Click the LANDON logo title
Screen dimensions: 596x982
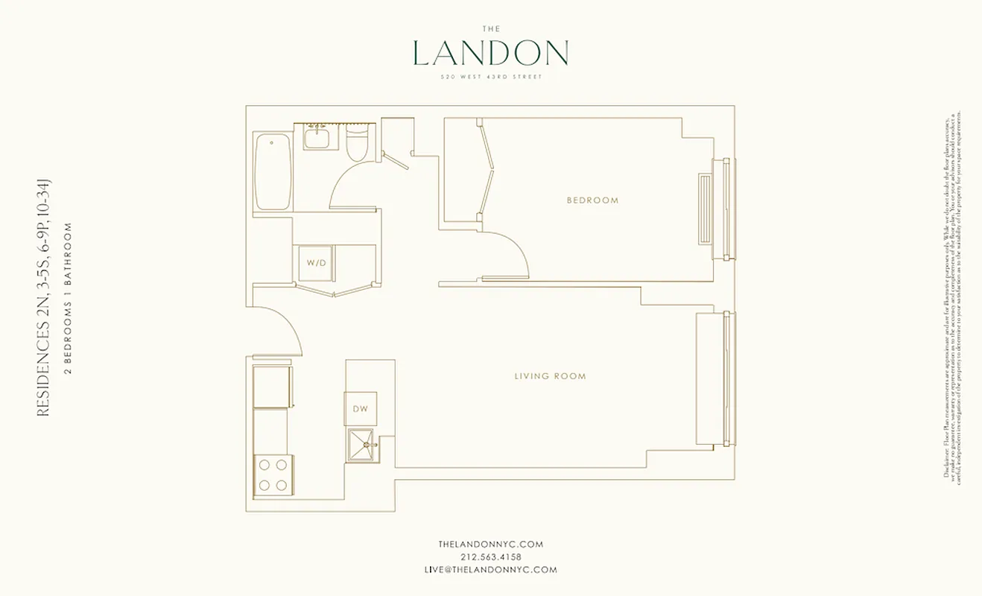(490, 53)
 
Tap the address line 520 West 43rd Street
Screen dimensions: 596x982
(490, 76)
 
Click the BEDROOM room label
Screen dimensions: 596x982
(592, 200)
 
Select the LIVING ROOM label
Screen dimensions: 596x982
(550, 376)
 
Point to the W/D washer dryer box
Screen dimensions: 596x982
(317, 263)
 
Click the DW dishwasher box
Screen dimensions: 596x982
(361, 408)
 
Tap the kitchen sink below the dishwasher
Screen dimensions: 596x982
(364, 446)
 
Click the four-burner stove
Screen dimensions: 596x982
(273, 475)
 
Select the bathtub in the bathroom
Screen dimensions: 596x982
(272, 172)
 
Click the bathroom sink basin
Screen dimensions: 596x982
(317, 137)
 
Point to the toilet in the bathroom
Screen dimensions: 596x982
(358, 144)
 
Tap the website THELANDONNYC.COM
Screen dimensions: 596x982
(490, 545)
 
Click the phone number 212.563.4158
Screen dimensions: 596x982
(490, 557)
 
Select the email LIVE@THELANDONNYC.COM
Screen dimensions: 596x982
(490, 570)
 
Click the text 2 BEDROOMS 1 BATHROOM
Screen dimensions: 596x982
(68, 299)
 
